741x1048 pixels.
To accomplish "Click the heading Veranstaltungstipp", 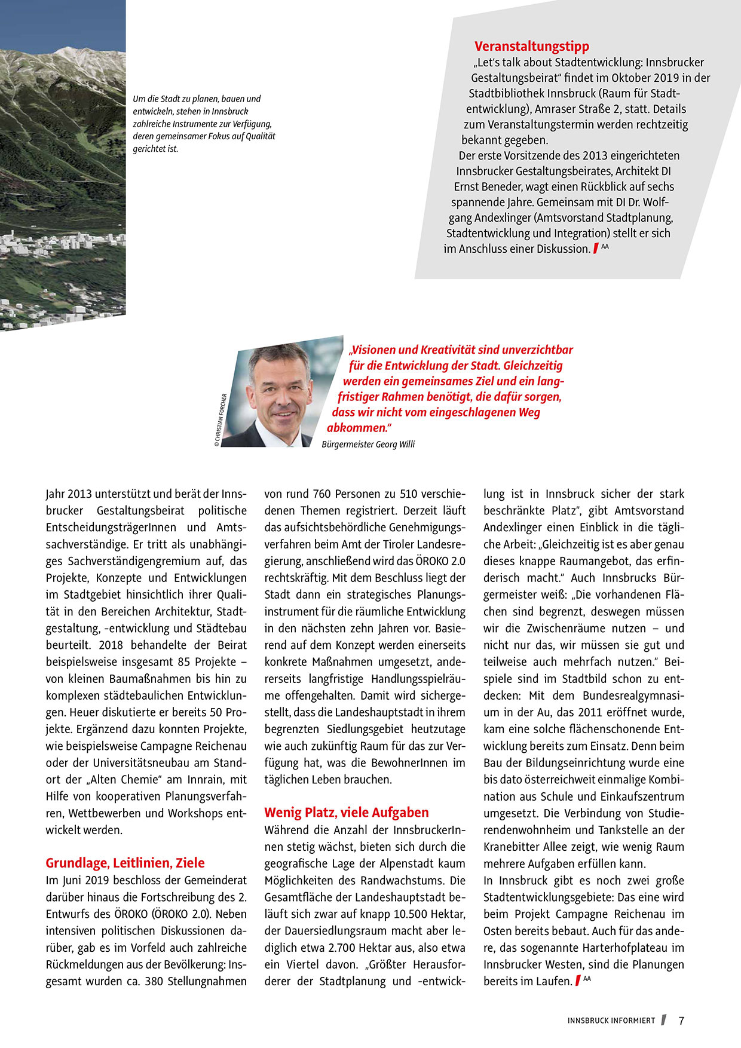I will pyautogui.click(x=531, y=46).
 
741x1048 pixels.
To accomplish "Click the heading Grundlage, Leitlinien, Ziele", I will pyautogui.click(x=125, y=862).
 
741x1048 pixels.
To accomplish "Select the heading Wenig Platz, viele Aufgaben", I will pyautogui.click(x=347, y=812).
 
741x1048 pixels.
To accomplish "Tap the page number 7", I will pyautogui.click(x=681, y=1021).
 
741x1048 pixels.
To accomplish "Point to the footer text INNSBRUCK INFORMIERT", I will pyautogui.click(x=611, y=1021).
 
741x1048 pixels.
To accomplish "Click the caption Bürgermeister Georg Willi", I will pyautogui.click(x=368, y=444).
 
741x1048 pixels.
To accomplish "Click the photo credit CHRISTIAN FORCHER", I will pyautogui.click(x=219, y=419).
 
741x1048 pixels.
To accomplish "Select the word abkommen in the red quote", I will pyautogui.click(x=356, y=428).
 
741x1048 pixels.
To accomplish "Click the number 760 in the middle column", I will pyautogui.click(x=323, y=494).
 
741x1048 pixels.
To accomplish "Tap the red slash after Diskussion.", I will pyautogui.click(x=596, y=249).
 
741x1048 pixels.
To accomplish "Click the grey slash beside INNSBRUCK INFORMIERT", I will pyautogui.click(x=664, y=1020).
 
